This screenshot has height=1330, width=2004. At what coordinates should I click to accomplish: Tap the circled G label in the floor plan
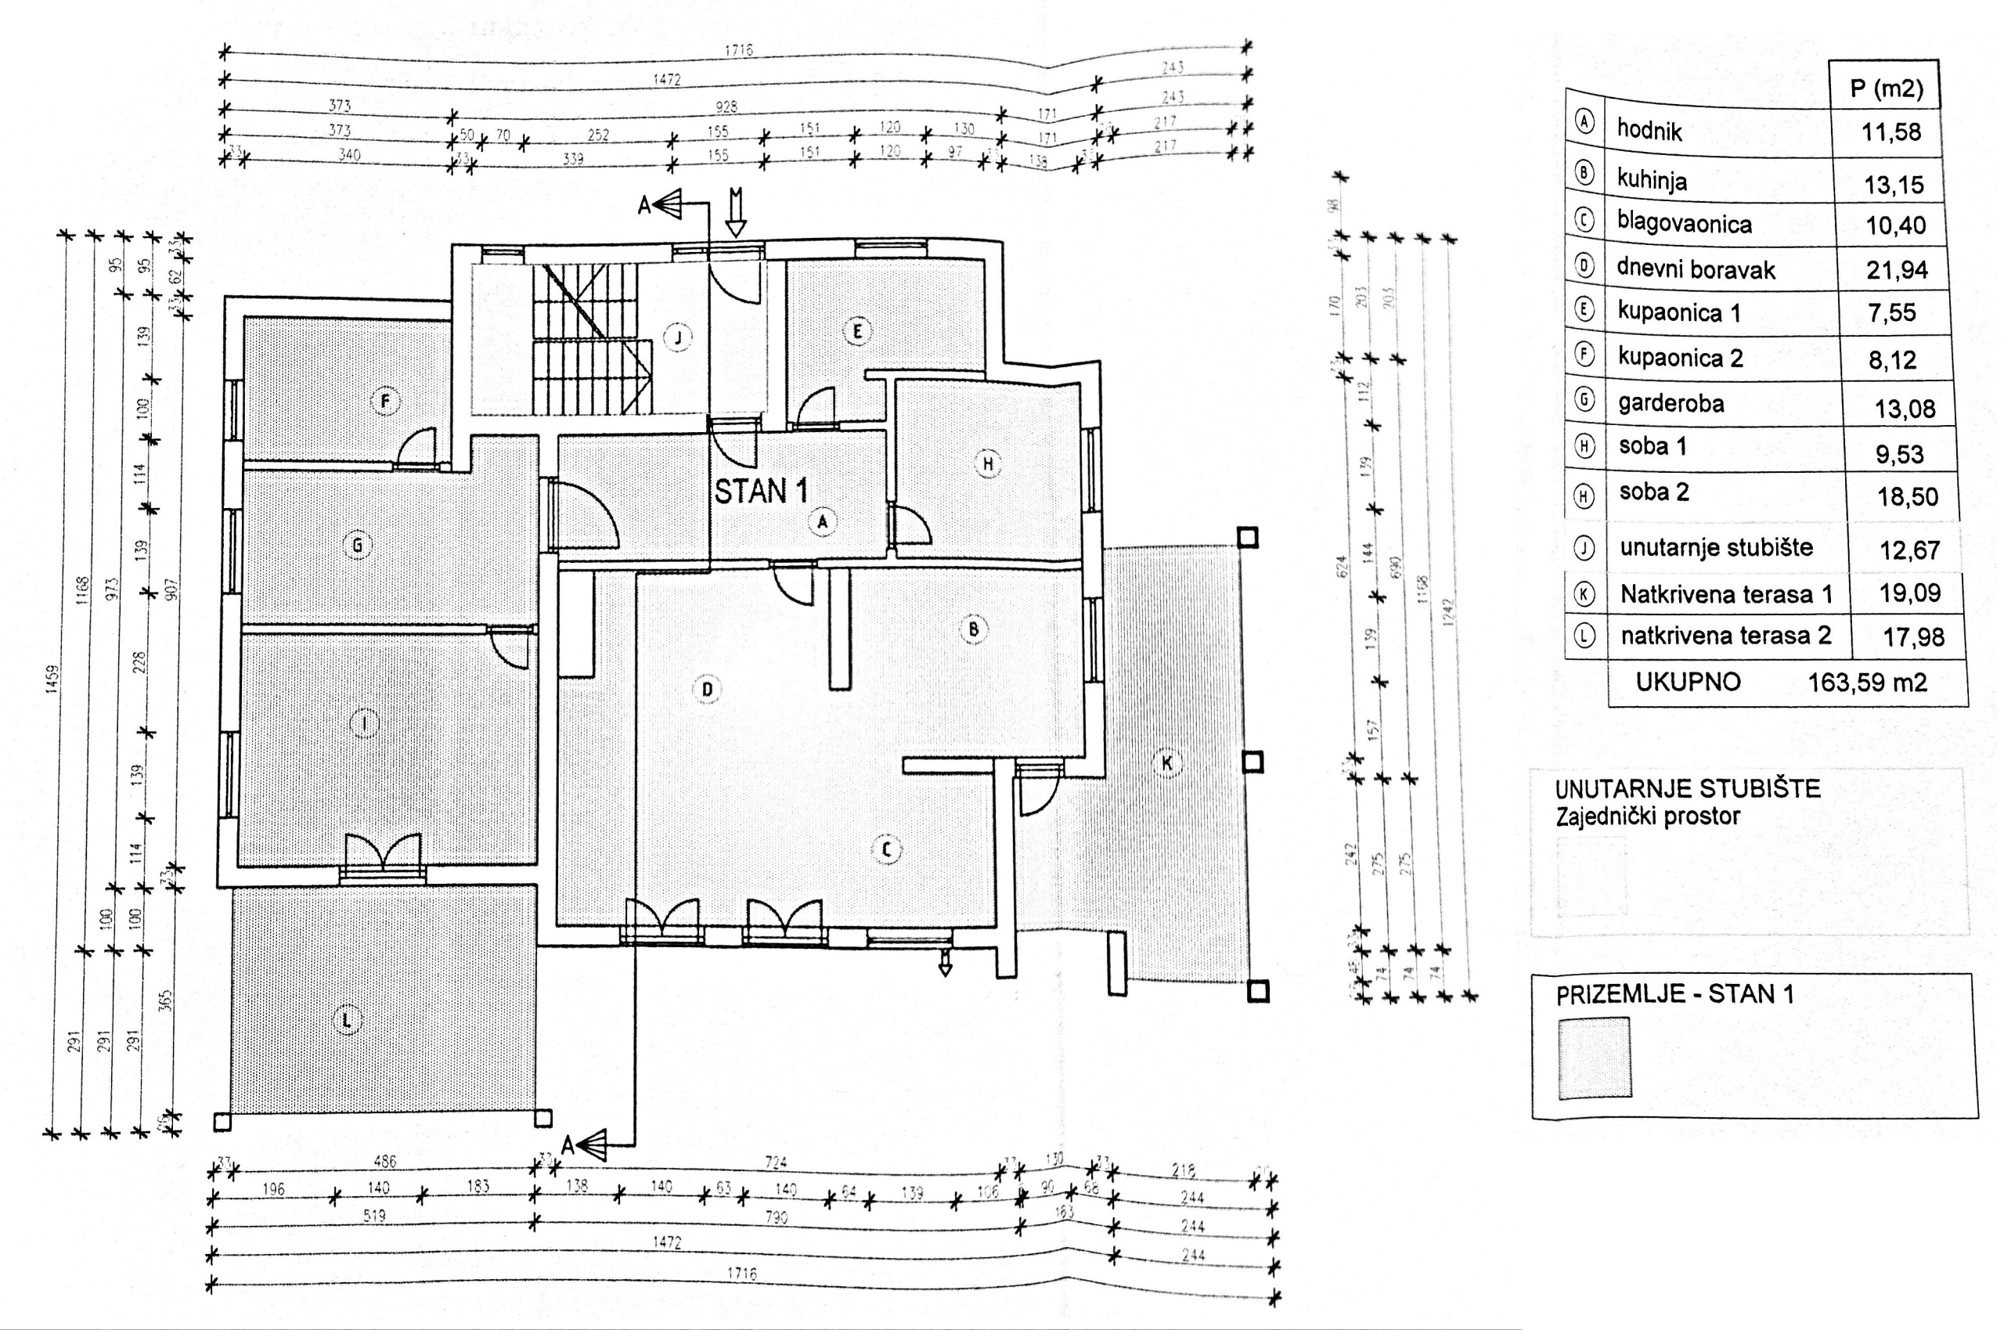(357, 546)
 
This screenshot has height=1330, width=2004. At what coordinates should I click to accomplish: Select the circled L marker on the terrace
(345, 1021)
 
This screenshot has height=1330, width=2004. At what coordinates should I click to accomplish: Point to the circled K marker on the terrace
(1167, 763)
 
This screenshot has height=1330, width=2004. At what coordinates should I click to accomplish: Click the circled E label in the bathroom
(857, 332)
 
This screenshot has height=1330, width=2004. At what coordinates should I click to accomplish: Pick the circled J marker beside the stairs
(678, 337)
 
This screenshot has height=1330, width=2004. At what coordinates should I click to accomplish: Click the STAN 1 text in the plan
(761, 491)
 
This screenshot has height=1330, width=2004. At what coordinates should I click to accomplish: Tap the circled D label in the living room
(708, 690)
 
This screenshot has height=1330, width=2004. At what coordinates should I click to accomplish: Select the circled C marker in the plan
(887, 849)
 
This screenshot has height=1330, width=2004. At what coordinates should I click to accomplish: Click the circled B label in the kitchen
(974, 629)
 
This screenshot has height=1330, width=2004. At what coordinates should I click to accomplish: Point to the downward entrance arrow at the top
(736, 213)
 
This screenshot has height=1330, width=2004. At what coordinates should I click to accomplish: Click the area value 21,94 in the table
(1897, 271)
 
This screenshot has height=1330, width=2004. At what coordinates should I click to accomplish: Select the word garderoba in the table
(1671, 403)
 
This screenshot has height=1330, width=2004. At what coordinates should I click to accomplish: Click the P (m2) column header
(1886, 88)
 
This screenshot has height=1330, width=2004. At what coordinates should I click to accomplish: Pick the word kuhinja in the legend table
(1651, 181)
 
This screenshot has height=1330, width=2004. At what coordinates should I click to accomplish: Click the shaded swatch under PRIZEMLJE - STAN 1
(1595, 1058)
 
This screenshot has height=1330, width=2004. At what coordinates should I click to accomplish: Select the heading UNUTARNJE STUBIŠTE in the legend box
(1688, 789)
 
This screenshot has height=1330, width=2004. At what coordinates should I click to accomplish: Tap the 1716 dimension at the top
(739, 50)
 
